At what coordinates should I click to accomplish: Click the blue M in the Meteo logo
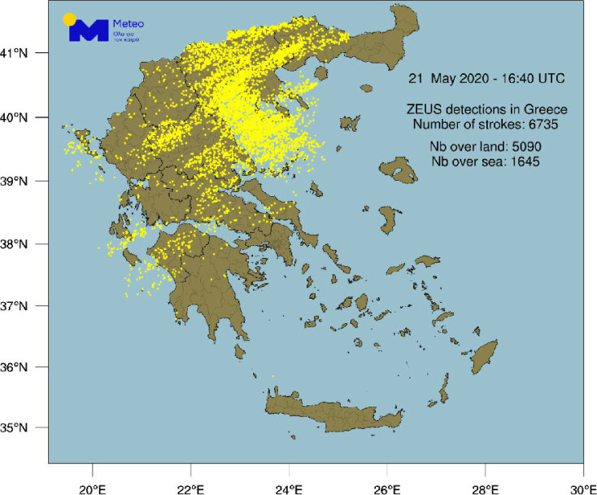point(88,31)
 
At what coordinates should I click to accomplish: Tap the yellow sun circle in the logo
point(70,18)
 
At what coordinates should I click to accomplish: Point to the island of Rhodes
point(486,357)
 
